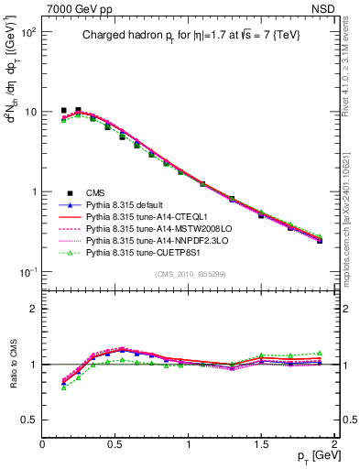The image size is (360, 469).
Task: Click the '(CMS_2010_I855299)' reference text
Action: [190, 274]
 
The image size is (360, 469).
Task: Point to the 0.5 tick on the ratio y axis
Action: [30, 420]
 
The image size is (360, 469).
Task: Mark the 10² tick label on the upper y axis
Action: [27, 32]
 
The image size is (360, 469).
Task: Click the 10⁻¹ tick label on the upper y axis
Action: [27, 272]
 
